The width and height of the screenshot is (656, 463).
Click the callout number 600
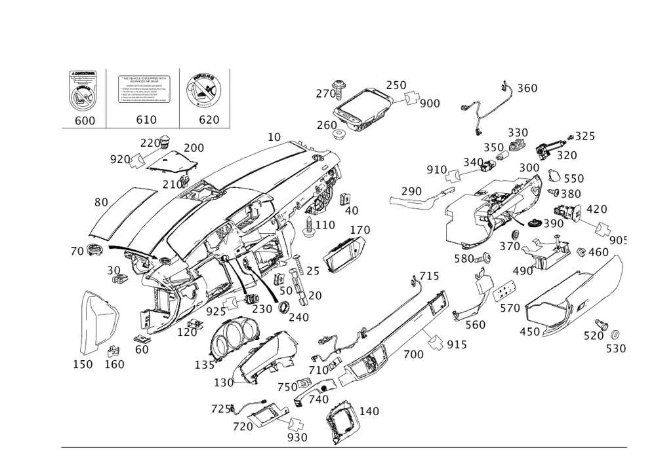pyautogui.click(x=85, y=120)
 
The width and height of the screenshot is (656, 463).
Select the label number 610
pyautogui.click(x=146, y=120)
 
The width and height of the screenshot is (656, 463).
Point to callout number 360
pyautogui.click(x=527, y=88)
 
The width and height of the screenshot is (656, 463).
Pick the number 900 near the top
pyautogui.click(x=430, y=103)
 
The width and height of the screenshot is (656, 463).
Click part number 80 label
pyautogui.click(x=100, y=202)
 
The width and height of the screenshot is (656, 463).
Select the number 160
pyautogui.click(x=114, y=363)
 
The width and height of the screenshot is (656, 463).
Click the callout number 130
pyautogui.click(x=224, y=382)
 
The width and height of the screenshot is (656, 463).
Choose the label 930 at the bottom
pyautogui.click(x=298, y=437)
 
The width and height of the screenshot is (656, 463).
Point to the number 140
pyautogui.click(x=370, y=411)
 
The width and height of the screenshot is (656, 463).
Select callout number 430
pyautogui.click(x=529, y=332)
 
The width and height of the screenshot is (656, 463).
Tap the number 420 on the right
pyautogui.click(x=596, y=210)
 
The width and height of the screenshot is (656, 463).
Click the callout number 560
pyautogui.click(x=475, y=324)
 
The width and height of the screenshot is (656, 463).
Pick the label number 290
pyautogui.click(x=411, y=191)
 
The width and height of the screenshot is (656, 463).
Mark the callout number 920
pyautogui.click(x=119, y=159)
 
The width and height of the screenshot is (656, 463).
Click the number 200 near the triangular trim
pyautogui.click(x=193, y=147)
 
